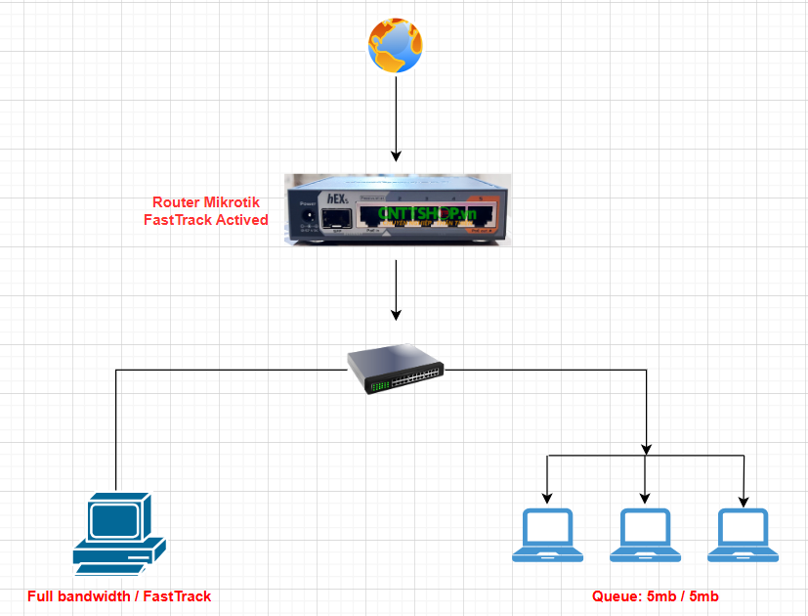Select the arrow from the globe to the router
(x=396, y=117)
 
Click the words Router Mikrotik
(x=205, y=202)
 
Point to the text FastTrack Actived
(x=205, y=220)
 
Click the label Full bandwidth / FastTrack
(x=119, y=595)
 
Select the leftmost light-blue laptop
(x=547, y=535)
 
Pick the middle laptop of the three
(x=645, y=535)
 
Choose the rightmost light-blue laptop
(x=744, y=535)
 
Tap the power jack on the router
(x=308, y=216)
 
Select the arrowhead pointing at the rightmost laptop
(x=744, y=501)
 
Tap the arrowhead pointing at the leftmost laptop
(x=547, y=501)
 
